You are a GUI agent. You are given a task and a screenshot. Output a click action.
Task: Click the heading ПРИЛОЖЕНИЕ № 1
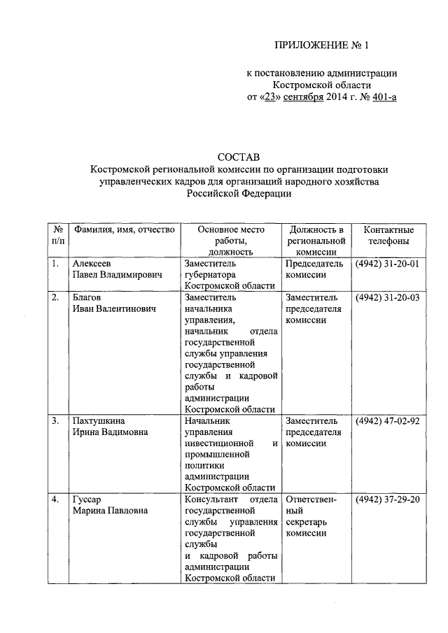pos(321,46)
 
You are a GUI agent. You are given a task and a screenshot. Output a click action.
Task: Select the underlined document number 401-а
pos(383,97)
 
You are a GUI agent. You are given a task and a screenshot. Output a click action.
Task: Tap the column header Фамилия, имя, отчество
pos(123,230)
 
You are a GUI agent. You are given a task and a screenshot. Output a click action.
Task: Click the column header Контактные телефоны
pos(388,236)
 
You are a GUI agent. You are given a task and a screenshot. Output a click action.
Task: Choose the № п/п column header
pos(57,236)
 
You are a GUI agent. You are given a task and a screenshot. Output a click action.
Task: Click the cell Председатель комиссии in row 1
pos(315,269)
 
